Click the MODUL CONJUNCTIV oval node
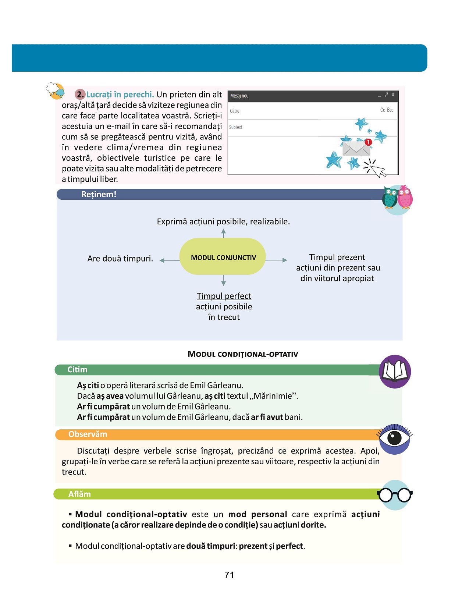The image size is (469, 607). point(223,257)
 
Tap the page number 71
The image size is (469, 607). point(229,575)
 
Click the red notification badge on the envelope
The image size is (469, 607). point(368,142)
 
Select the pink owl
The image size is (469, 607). point(405,197)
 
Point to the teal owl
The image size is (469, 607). point(390,198)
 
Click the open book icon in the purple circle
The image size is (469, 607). point(395,371)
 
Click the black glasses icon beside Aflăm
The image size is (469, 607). point(395,495)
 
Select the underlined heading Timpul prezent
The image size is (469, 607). point(337,257)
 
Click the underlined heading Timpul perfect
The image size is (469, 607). point(224,296)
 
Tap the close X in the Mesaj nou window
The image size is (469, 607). point(393,95)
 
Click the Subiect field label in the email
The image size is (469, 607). point(236,127)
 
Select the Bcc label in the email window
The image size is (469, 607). point(390,110)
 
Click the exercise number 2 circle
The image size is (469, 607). point(80,95)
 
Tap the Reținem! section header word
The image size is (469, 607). point(99,195)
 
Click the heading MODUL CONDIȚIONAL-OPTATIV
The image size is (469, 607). point(243,354)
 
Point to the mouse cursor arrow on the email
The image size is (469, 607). point(377,170)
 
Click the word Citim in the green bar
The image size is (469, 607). point(77,370)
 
